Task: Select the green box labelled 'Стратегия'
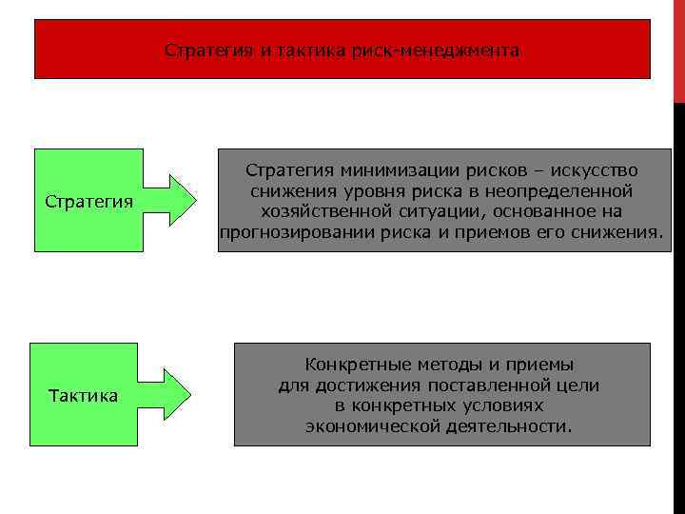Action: point(88,202)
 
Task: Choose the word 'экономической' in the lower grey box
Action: point(366,426)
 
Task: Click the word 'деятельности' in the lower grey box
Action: point(503,426)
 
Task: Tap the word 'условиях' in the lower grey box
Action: point(496,405)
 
